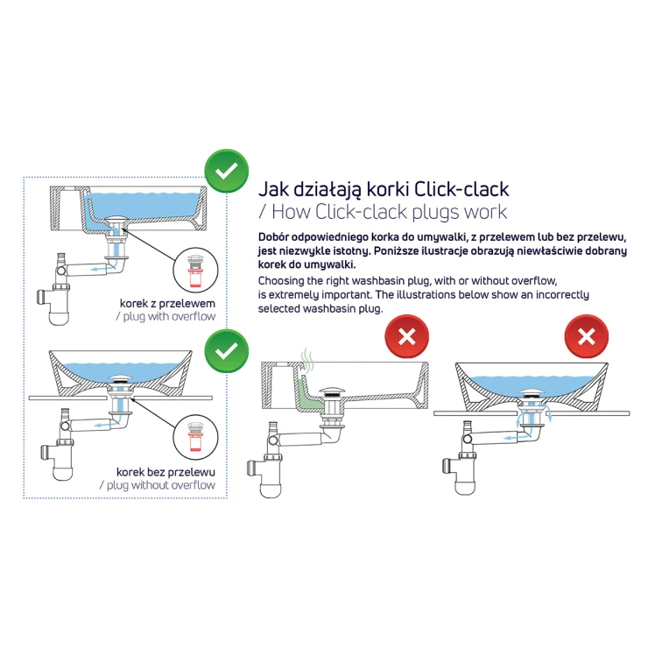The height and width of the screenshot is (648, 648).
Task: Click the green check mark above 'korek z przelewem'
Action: [227, 171]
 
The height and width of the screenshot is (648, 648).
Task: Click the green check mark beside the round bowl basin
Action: [227, 351]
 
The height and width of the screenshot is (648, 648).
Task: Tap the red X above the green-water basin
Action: [406, 336]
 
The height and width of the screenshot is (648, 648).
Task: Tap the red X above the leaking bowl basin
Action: [587, 336]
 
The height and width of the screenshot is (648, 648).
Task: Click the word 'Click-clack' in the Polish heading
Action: [461, 189]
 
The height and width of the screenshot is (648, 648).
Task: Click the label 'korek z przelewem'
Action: [167, 303]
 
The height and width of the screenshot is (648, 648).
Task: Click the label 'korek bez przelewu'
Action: [166, 472]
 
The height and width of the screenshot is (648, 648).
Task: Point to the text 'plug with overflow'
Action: [169, 317]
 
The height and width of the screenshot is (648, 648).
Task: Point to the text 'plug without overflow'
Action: [161, 485]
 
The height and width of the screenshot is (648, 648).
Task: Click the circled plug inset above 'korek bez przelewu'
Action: [195, 438]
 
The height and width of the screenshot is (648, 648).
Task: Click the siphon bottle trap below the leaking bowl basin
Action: [468, 471]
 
